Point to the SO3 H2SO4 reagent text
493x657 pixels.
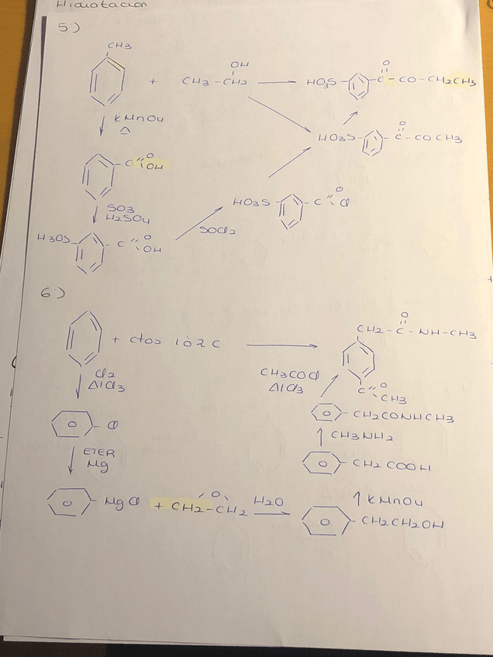pyautogui.click(x=122, y=213)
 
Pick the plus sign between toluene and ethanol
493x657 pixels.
pyautogui.click(x=153, y=81)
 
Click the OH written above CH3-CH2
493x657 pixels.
pyautogui.click(x=238, y=64)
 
